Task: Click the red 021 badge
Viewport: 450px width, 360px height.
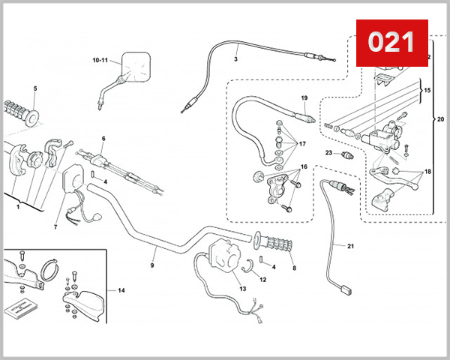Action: (x=390, y=42)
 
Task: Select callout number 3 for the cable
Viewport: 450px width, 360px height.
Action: (x=235, y=58)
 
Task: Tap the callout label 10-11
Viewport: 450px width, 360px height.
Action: (x=100, y=59)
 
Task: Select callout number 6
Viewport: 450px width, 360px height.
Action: (x=103, y=139)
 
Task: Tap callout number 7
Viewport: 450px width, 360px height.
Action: (x=55, y=226)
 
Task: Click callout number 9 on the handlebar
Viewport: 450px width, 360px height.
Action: (x=151, y=265)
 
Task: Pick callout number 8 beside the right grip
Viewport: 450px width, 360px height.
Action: (x=293, y=267)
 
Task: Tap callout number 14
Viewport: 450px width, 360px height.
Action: (x=121, y=289)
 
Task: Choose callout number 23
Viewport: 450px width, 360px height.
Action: (x=328, y=152)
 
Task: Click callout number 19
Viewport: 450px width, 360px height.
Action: (x=304, y=98)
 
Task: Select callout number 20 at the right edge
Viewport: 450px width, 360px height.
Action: (x=439, y=118)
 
